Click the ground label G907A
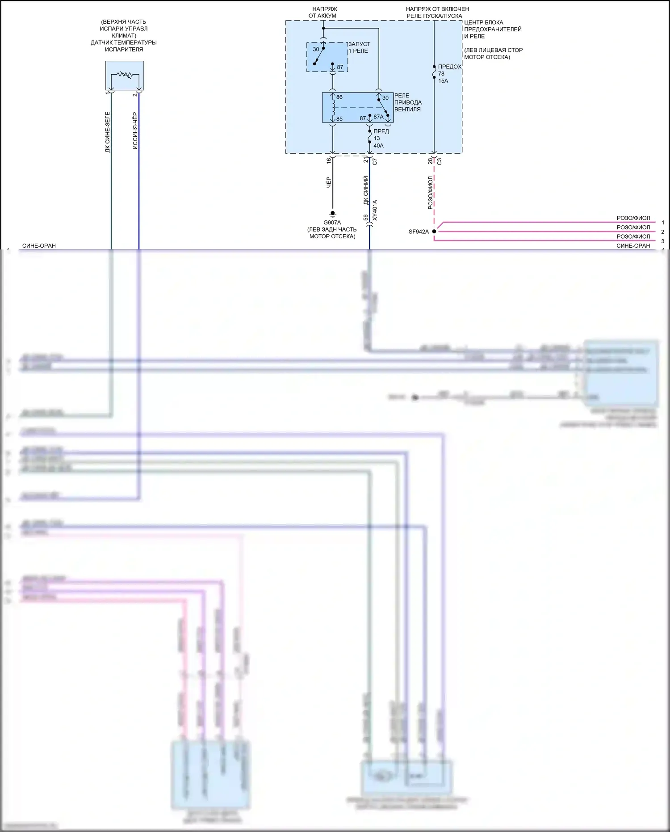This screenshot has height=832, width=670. pos(332,223)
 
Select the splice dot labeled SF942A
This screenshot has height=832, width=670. pos(434,232)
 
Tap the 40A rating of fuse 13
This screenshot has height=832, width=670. pos(378,146)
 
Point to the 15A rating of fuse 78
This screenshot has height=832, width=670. pos(443,81)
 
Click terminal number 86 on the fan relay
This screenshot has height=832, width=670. pos(339,97)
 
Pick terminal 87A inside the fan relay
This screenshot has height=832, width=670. pos(378,117)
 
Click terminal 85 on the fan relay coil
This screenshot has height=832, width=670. pos(339,119)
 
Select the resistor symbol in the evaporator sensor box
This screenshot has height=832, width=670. pos(125,75)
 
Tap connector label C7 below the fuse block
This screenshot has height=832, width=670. pos(375,161)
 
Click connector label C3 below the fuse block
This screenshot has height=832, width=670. pos(439,161)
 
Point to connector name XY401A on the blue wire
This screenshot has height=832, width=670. pos(375,210)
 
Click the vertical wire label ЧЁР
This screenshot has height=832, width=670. pos(329,182)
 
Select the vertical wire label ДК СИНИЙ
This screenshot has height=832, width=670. pos(366,190)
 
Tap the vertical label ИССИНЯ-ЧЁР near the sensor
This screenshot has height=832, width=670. pos(135,131)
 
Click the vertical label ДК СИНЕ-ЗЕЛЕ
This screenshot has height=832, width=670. pos(108,132)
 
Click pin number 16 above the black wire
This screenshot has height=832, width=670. pos(329,160)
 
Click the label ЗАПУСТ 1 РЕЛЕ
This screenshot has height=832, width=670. pos(359,47)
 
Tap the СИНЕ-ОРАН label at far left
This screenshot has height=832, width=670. pos(39,246)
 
